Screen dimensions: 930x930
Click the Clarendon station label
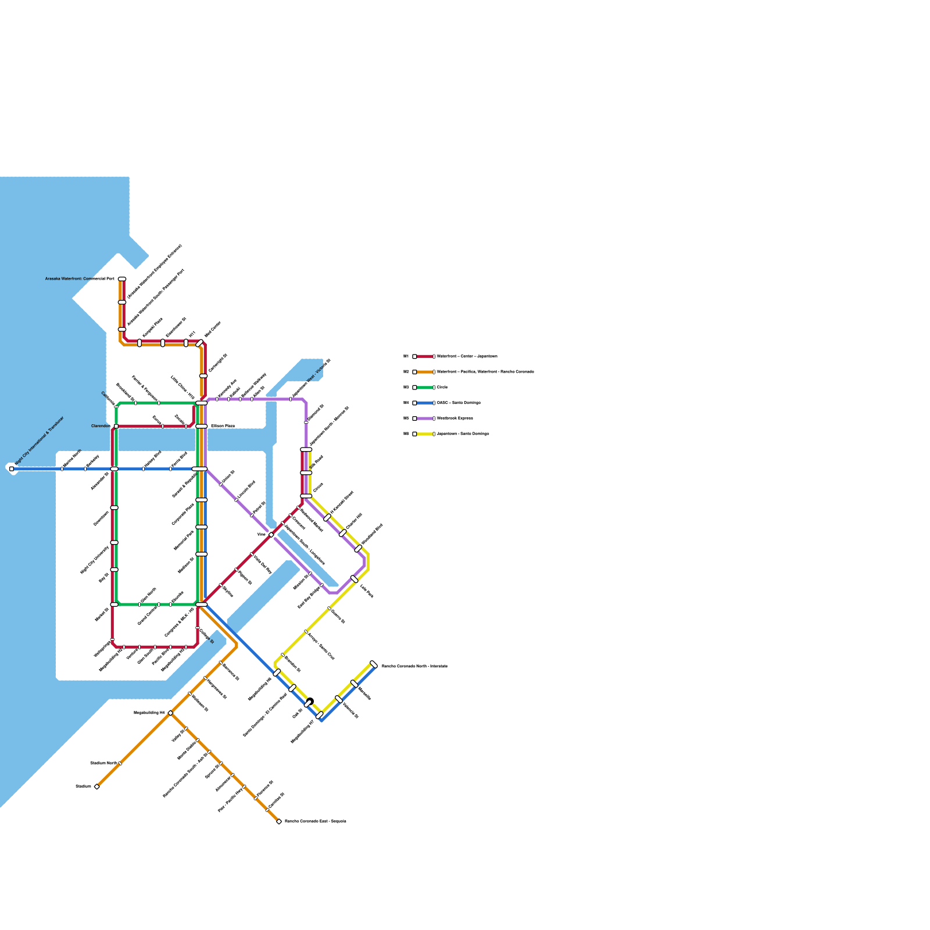pyautogui.click(x=101, y=426)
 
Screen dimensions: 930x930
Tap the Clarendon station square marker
pyautogui.click(x=116, y=426)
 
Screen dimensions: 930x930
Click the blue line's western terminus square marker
pyautogui.click(x=12, y=468)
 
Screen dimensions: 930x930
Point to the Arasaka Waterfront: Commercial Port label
pyautogui.click(x=80, y=279)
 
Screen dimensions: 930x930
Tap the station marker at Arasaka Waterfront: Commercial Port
pyautogui.click(x=122, y=279)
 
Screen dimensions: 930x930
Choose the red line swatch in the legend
pyautogui.click(x=425, y=356)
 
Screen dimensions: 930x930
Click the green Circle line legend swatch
pyautogui.click(x=425, y=387)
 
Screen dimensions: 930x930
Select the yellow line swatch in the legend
pyautogui.click(x=425, y=434)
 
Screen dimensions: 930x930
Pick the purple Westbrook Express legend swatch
pyautogui.click(x=425, y=418)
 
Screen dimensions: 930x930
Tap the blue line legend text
pyautogui.click(x=459, y=403)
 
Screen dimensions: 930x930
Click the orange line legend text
pyautogui.click(x=485, y=371)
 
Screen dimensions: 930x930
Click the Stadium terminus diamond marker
pyautogui.click(x=96, y=786)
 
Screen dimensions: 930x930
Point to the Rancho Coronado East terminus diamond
pyautogui.click(x=279, y=821)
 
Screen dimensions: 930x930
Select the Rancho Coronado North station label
pyautogui.click(x=414, y=666)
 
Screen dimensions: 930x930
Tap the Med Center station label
pyautogui.click(x=213, y=330)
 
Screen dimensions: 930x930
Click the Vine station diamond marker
pyautogui.click(x=271, y=535)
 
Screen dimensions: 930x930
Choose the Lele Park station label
pyautogui.click(x=367, y=591)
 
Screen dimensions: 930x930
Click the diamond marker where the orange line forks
pyautogui.click(x=170, y=713)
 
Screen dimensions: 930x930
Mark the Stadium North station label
pyautogui.click(x=103, y=763)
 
